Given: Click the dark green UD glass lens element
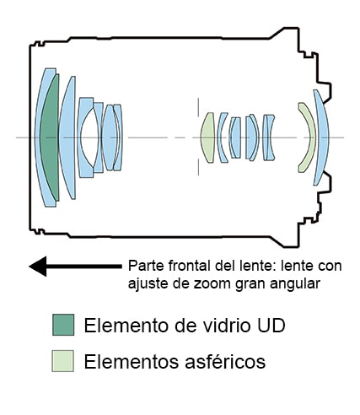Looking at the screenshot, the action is coord(50,137).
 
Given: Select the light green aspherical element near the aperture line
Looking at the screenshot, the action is coord(208,137).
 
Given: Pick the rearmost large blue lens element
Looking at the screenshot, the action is coord(323,137).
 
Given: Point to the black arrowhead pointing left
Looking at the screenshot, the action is coord(38,267).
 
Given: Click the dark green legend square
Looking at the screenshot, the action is coord(63,325).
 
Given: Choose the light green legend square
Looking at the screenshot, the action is coord(63,361).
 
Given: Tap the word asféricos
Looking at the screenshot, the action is coord(225,361).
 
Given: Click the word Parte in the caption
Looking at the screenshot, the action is coord(147,266).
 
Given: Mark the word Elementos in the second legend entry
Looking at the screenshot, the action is coord(132,361).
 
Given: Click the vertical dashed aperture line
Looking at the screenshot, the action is coord(198,137).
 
